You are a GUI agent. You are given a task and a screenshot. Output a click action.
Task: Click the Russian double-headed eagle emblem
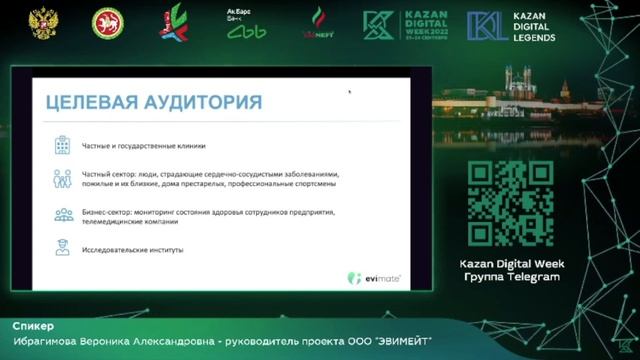tap(43, 24)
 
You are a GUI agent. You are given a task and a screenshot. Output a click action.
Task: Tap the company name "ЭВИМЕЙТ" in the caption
tap(399, 342)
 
